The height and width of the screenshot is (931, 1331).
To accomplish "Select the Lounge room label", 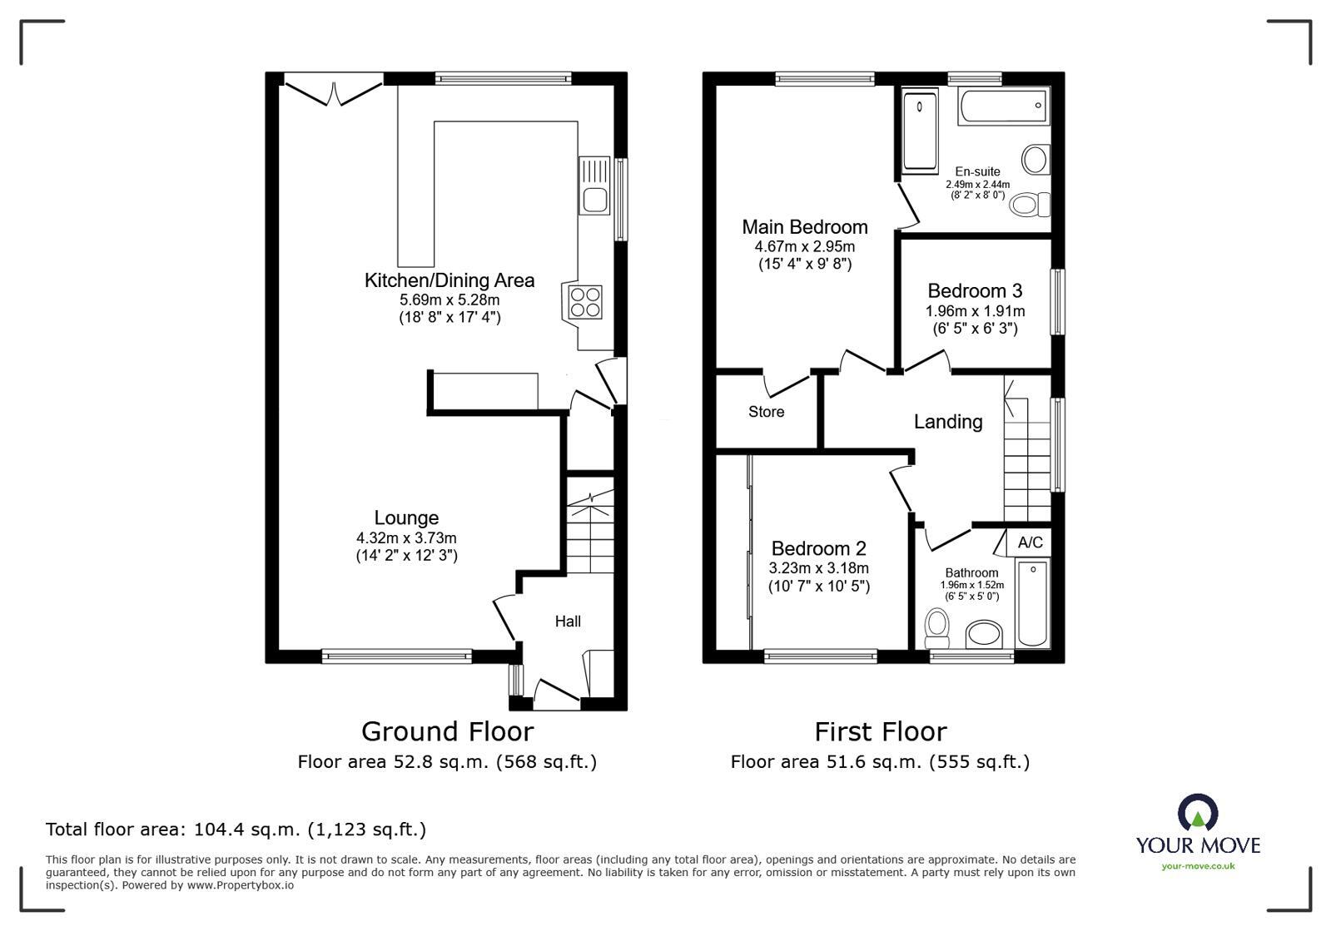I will click(x=406, y=517).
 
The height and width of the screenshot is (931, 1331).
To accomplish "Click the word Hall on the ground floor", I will click(x=568, y=621).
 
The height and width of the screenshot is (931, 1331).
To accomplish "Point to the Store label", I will click(x=766, y=412).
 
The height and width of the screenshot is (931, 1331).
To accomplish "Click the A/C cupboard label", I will click(x=1030, y=542).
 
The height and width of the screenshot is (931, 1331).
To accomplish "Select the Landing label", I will click(x=948, y=422).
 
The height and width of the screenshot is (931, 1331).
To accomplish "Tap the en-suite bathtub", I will click(x=1003, y=106).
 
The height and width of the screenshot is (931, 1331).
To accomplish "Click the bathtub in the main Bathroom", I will click(x=1033, y=604).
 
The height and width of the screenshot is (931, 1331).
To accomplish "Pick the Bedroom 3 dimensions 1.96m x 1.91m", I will click(x=975, y=311).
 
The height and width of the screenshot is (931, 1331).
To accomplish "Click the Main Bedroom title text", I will click(x=804, y=227).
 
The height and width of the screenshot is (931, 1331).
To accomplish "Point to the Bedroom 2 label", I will click(x=818, y=548).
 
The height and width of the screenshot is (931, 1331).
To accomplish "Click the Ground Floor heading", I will click(x=447, y=731).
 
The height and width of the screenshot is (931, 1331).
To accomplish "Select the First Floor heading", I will click(x=880, y=731).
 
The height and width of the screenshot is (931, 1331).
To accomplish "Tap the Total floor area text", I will click(x=236, y=829).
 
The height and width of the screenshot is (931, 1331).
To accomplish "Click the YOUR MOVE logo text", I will click(x=1198, y=846).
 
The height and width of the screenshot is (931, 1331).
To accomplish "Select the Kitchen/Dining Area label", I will click(x=449, y=280).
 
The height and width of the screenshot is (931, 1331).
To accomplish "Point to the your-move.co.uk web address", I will click(x=1198, y=866).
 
